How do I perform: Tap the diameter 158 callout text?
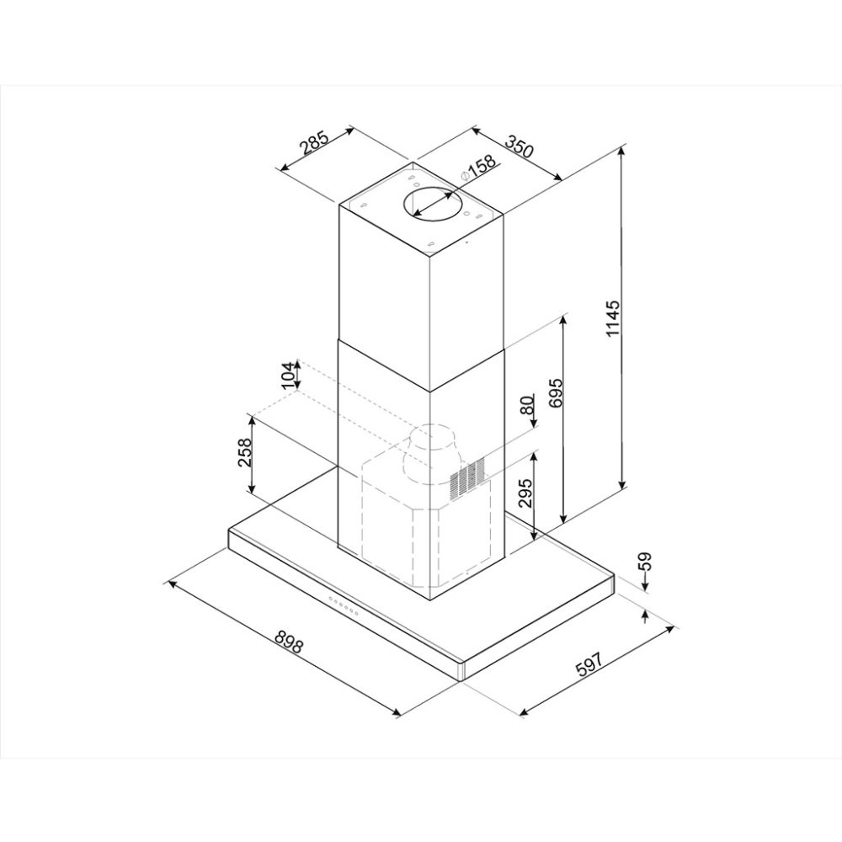coord(477,168)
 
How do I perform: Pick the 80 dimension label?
coord(527,405)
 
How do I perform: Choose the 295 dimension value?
coord(526,493)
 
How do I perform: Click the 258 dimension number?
coord(244,455)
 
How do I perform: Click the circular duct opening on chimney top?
coord(431,205)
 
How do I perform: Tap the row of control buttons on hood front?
coord(343,605)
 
